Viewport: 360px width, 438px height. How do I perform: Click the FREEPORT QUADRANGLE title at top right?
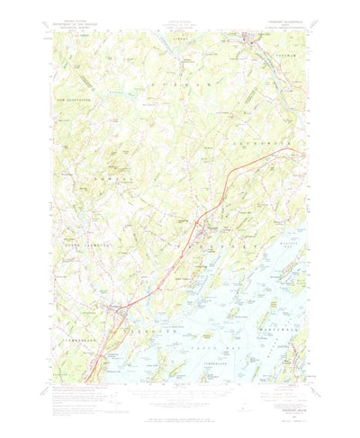click(x=284, y=33)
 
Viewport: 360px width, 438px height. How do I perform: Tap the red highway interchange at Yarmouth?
click(x=115, y=310)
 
